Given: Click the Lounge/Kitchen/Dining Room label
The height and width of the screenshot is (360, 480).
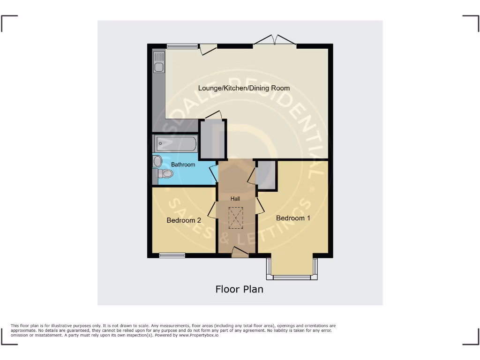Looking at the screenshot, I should coord(244,88).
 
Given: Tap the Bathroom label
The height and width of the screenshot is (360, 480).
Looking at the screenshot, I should coord(183,165).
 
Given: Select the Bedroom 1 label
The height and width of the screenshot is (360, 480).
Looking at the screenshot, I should coord(293,218).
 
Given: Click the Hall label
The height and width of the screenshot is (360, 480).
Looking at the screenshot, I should coord(235,199).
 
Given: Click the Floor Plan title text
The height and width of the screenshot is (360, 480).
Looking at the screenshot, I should coord(239,289).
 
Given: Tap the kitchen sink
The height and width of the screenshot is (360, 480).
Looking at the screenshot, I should coord(159,62).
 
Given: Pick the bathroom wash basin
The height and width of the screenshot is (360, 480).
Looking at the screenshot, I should coord(157,161).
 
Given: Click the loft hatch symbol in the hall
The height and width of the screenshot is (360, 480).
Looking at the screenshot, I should coord(235,216).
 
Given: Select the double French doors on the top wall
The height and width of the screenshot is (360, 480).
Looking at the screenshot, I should coord(275,41).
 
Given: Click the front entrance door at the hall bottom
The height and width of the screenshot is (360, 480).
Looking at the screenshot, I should coord(240,253).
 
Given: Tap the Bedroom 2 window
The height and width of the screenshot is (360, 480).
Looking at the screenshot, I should coord(172,255).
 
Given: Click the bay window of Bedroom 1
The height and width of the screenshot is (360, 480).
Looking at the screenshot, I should coord(292,277).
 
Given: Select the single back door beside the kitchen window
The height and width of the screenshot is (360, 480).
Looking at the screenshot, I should coord(208,48).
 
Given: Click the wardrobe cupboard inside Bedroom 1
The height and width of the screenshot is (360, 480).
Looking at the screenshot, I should coord(266,175).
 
